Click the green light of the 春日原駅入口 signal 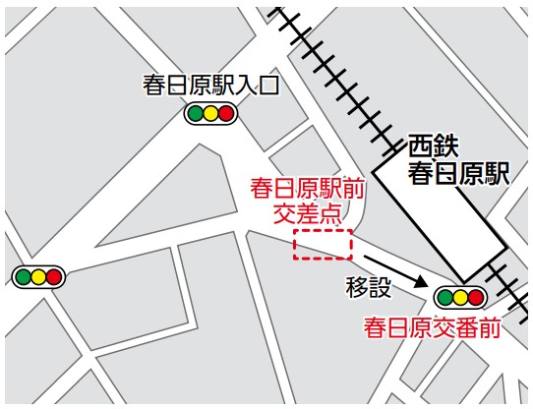tap(195, 114)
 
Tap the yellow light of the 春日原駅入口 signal tap(210, 114)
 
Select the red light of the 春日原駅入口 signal tap(226, 114)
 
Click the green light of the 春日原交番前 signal tap(444, 297)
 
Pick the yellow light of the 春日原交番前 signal tap(460, 297)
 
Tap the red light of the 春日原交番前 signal tap(476, 297)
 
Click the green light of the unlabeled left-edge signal tap(23, 277)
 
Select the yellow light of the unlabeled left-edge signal tap(38, 277)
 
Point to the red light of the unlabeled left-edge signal tap(54, 277)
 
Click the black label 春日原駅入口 tap(210, 86)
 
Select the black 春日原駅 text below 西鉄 tap(459, 174)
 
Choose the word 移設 tap(369, 287)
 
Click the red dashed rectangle tap(323, 245)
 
